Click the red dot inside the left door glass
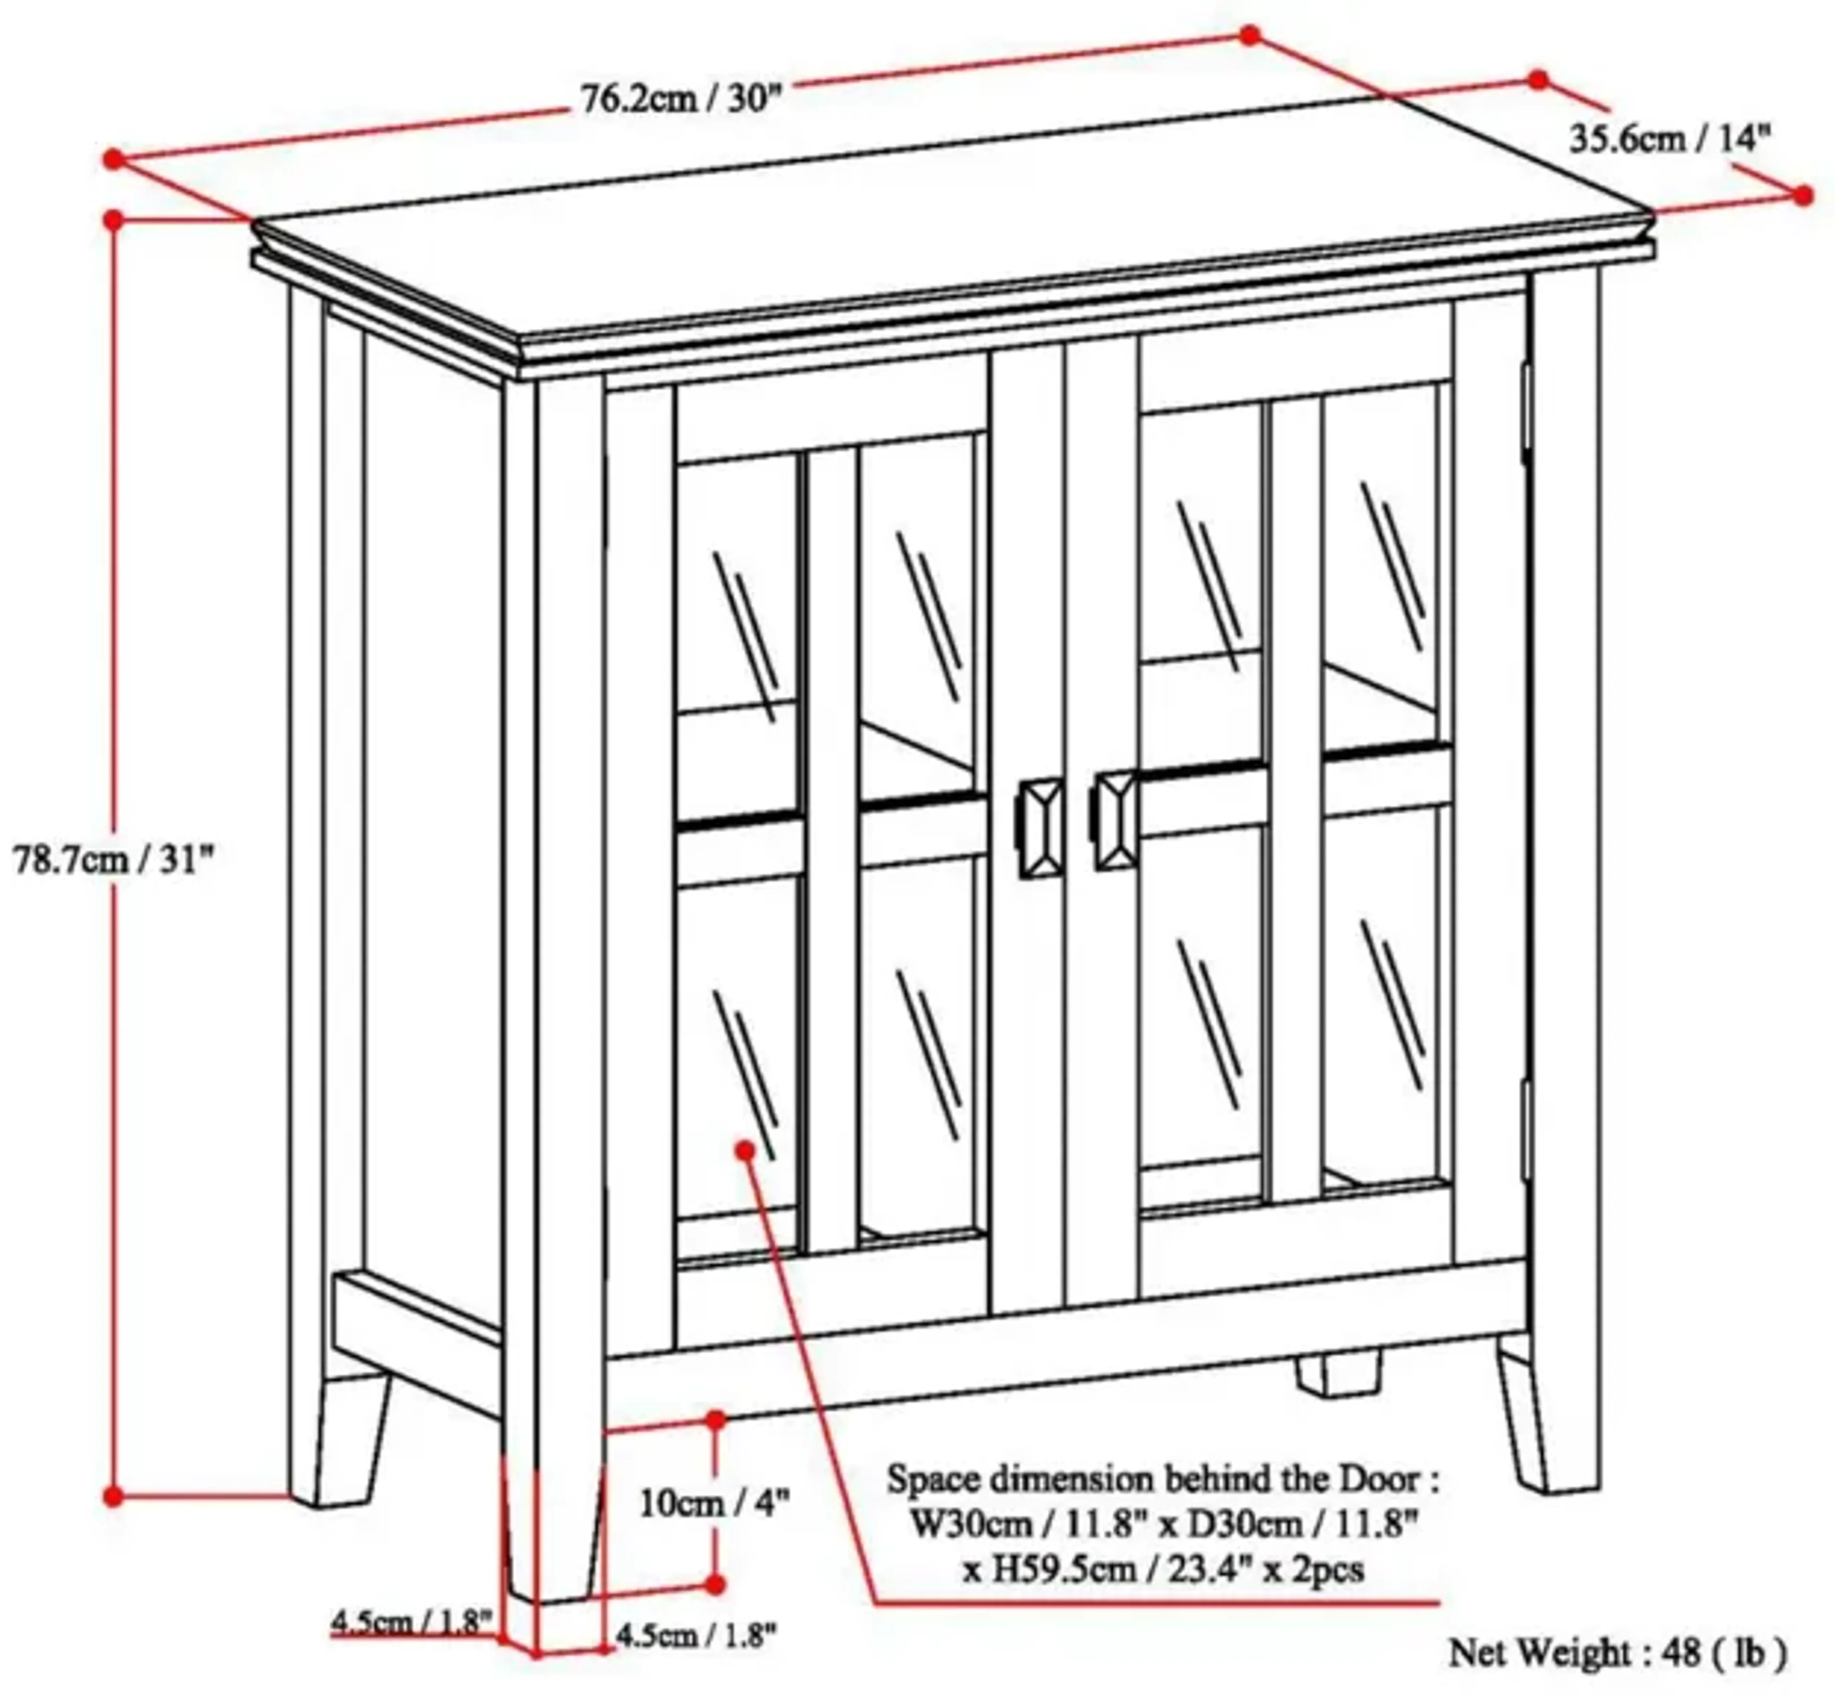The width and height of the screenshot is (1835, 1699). [745, 1150]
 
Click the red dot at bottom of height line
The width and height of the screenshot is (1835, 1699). [113, 1497]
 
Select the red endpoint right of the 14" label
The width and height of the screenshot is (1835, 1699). [1802, 195]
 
